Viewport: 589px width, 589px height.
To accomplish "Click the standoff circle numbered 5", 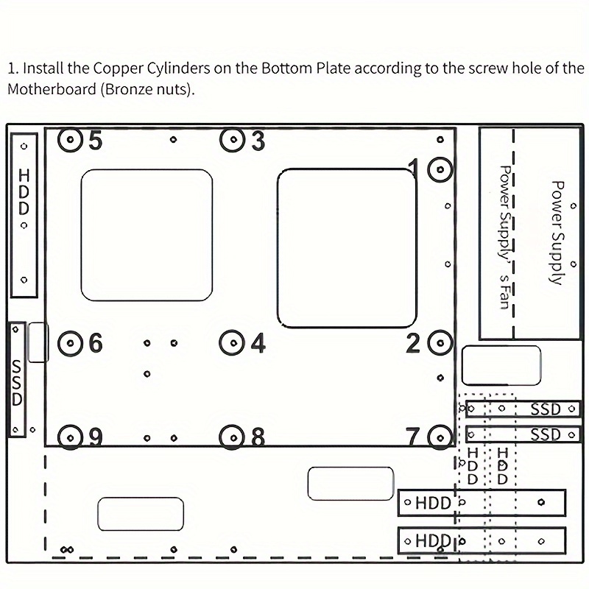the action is (70, 140).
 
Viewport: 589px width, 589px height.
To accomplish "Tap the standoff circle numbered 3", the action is (233, 140).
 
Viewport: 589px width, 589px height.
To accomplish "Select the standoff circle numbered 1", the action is (440, 169).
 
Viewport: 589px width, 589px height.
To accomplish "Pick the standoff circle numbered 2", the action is (440, 342).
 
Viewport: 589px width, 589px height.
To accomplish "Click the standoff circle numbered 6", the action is (70, 342).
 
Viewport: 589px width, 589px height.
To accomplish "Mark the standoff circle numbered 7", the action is (440, 437).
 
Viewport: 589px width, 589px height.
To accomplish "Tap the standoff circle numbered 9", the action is (70, 437).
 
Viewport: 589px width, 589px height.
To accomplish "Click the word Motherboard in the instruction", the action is (52, 89).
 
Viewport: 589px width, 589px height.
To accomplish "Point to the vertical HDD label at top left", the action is (24, 191).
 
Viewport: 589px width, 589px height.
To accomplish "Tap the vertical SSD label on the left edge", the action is (16, 382).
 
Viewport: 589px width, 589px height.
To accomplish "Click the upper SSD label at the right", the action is (546, 409).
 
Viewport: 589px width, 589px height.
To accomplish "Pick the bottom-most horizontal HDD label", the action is (433, 541).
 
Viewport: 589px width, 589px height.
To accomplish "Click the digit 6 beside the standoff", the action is (96, 342).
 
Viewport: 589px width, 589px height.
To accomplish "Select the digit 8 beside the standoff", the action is (258, 437).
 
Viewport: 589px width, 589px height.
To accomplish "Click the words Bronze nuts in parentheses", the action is (146, 89).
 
